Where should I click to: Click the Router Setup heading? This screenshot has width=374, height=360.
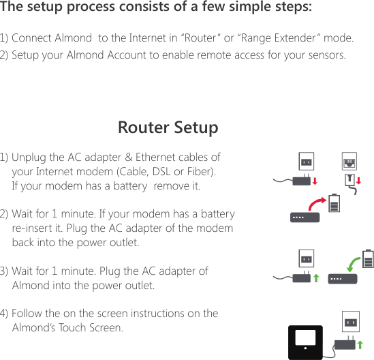point(168,127)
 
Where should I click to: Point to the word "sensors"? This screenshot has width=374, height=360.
point(325,55)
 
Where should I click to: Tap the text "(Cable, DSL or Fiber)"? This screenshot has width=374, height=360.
point(167,171)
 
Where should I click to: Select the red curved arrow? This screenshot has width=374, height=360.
point(315,204)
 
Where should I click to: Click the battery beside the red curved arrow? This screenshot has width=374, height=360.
point(334,204)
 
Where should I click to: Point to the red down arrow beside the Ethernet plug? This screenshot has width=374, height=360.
point(359,181)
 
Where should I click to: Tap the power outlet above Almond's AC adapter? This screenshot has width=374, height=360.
point(351,322)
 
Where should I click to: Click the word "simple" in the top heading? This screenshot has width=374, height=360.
point(236,8)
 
